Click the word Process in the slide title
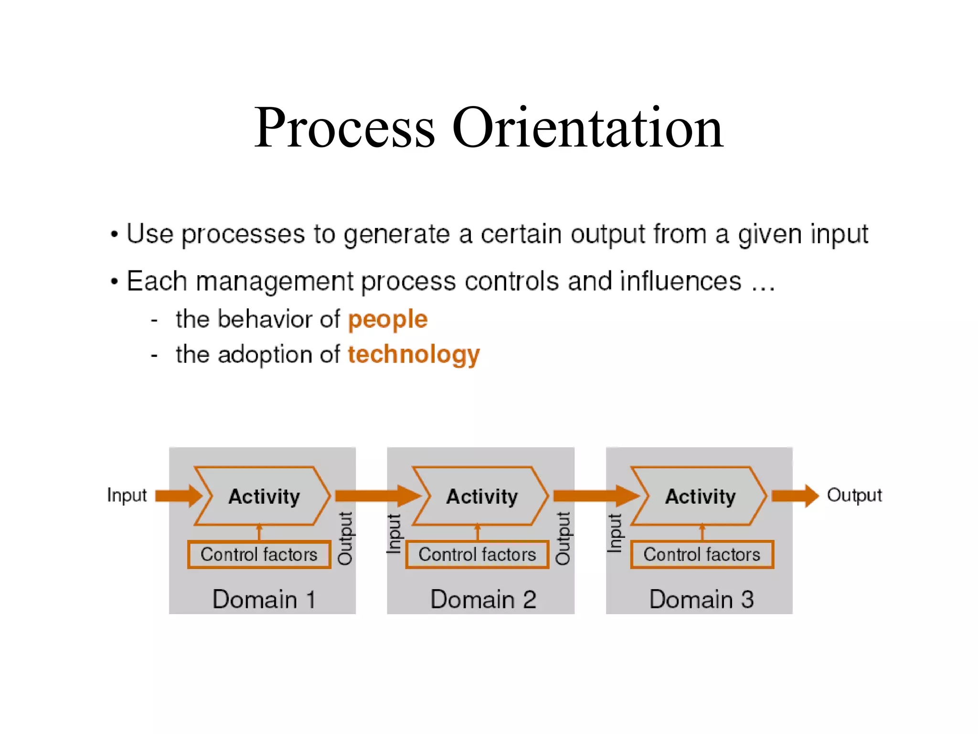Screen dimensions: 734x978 click(344, 128)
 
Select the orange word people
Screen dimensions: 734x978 click(387, 319)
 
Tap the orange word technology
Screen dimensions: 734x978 click(414, 355)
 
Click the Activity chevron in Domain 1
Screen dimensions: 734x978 click(263, 496)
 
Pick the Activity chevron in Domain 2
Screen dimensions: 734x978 click(481, 496)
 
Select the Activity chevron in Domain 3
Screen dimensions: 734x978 click(700, 496)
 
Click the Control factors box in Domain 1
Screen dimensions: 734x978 click(259, 554)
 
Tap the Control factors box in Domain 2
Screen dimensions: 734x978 click(477, 554)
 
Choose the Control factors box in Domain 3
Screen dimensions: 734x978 click(702, 554)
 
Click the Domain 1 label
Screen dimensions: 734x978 click(264, 599)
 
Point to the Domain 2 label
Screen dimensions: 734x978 click(483, 599)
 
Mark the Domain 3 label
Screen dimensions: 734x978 click(701, 599)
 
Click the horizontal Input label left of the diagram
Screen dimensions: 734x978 click(127, 495)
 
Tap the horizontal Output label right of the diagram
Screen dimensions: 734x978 click(854, 495)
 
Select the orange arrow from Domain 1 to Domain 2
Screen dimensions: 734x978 click(377, 496)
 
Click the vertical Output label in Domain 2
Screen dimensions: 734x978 click(563, 538)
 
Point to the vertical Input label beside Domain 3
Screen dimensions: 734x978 click(615, 533)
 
